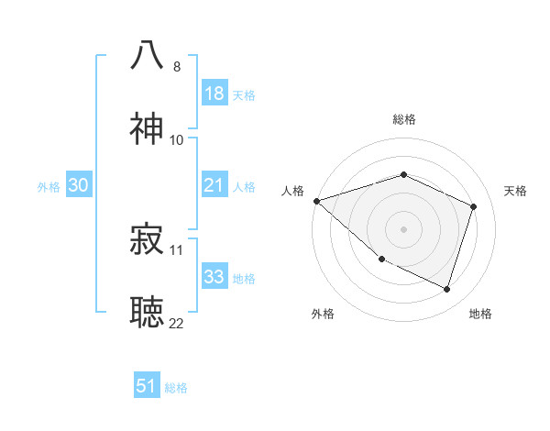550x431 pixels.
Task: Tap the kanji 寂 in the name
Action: (x=148, y=238)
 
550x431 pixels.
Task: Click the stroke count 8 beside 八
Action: (x=177, y=66)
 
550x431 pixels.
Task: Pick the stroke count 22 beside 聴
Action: (x=177, y=323)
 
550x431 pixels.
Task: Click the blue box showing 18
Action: (x=214, y=94)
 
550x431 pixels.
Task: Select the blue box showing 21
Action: (x=214, y=185)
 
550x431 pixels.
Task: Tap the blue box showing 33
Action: (x=214, y=277)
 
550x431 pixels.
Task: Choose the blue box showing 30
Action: (x=79, y=185)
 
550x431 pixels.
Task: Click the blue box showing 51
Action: (x=147, y=386)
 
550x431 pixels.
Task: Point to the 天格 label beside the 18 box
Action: (x=244, y=94)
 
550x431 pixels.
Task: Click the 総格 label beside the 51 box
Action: (x=176, y=388)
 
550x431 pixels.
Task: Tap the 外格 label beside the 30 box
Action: (x=49, y=186)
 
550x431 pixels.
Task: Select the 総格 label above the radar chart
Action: (x=404, y=119)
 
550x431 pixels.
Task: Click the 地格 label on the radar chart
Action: (x=480, y=314)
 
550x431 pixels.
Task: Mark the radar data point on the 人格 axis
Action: (x=316, y=201)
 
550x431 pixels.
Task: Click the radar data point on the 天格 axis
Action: (x=474, y=206)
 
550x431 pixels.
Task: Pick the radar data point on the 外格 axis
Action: (x=381, y=260)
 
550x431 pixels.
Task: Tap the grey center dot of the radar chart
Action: (x=403, y=229)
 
